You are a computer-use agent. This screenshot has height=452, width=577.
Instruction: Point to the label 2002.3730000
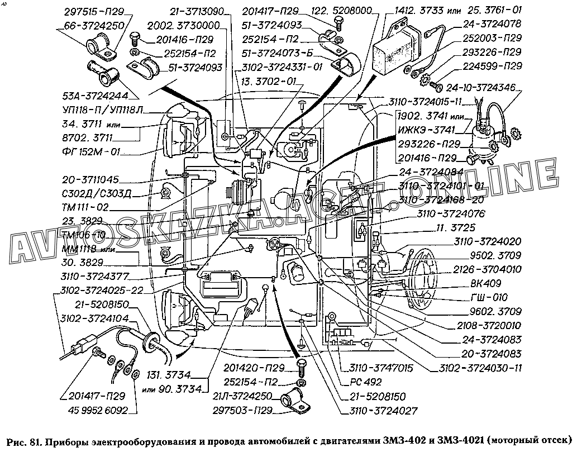click(x=189, y=25)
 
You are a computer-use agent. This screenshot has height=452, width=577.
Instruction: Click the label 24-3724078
click(x=492, y=25)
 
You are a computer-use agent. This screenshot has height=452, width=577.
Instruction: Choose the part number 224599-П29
click(x=492, y=66)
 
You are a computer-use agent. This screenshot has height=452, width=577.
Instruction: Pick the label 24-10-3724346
click(x=482, y=87)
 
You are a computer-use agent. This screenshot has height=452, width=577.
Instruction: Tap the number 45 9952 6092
click(x=98, y=411)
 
